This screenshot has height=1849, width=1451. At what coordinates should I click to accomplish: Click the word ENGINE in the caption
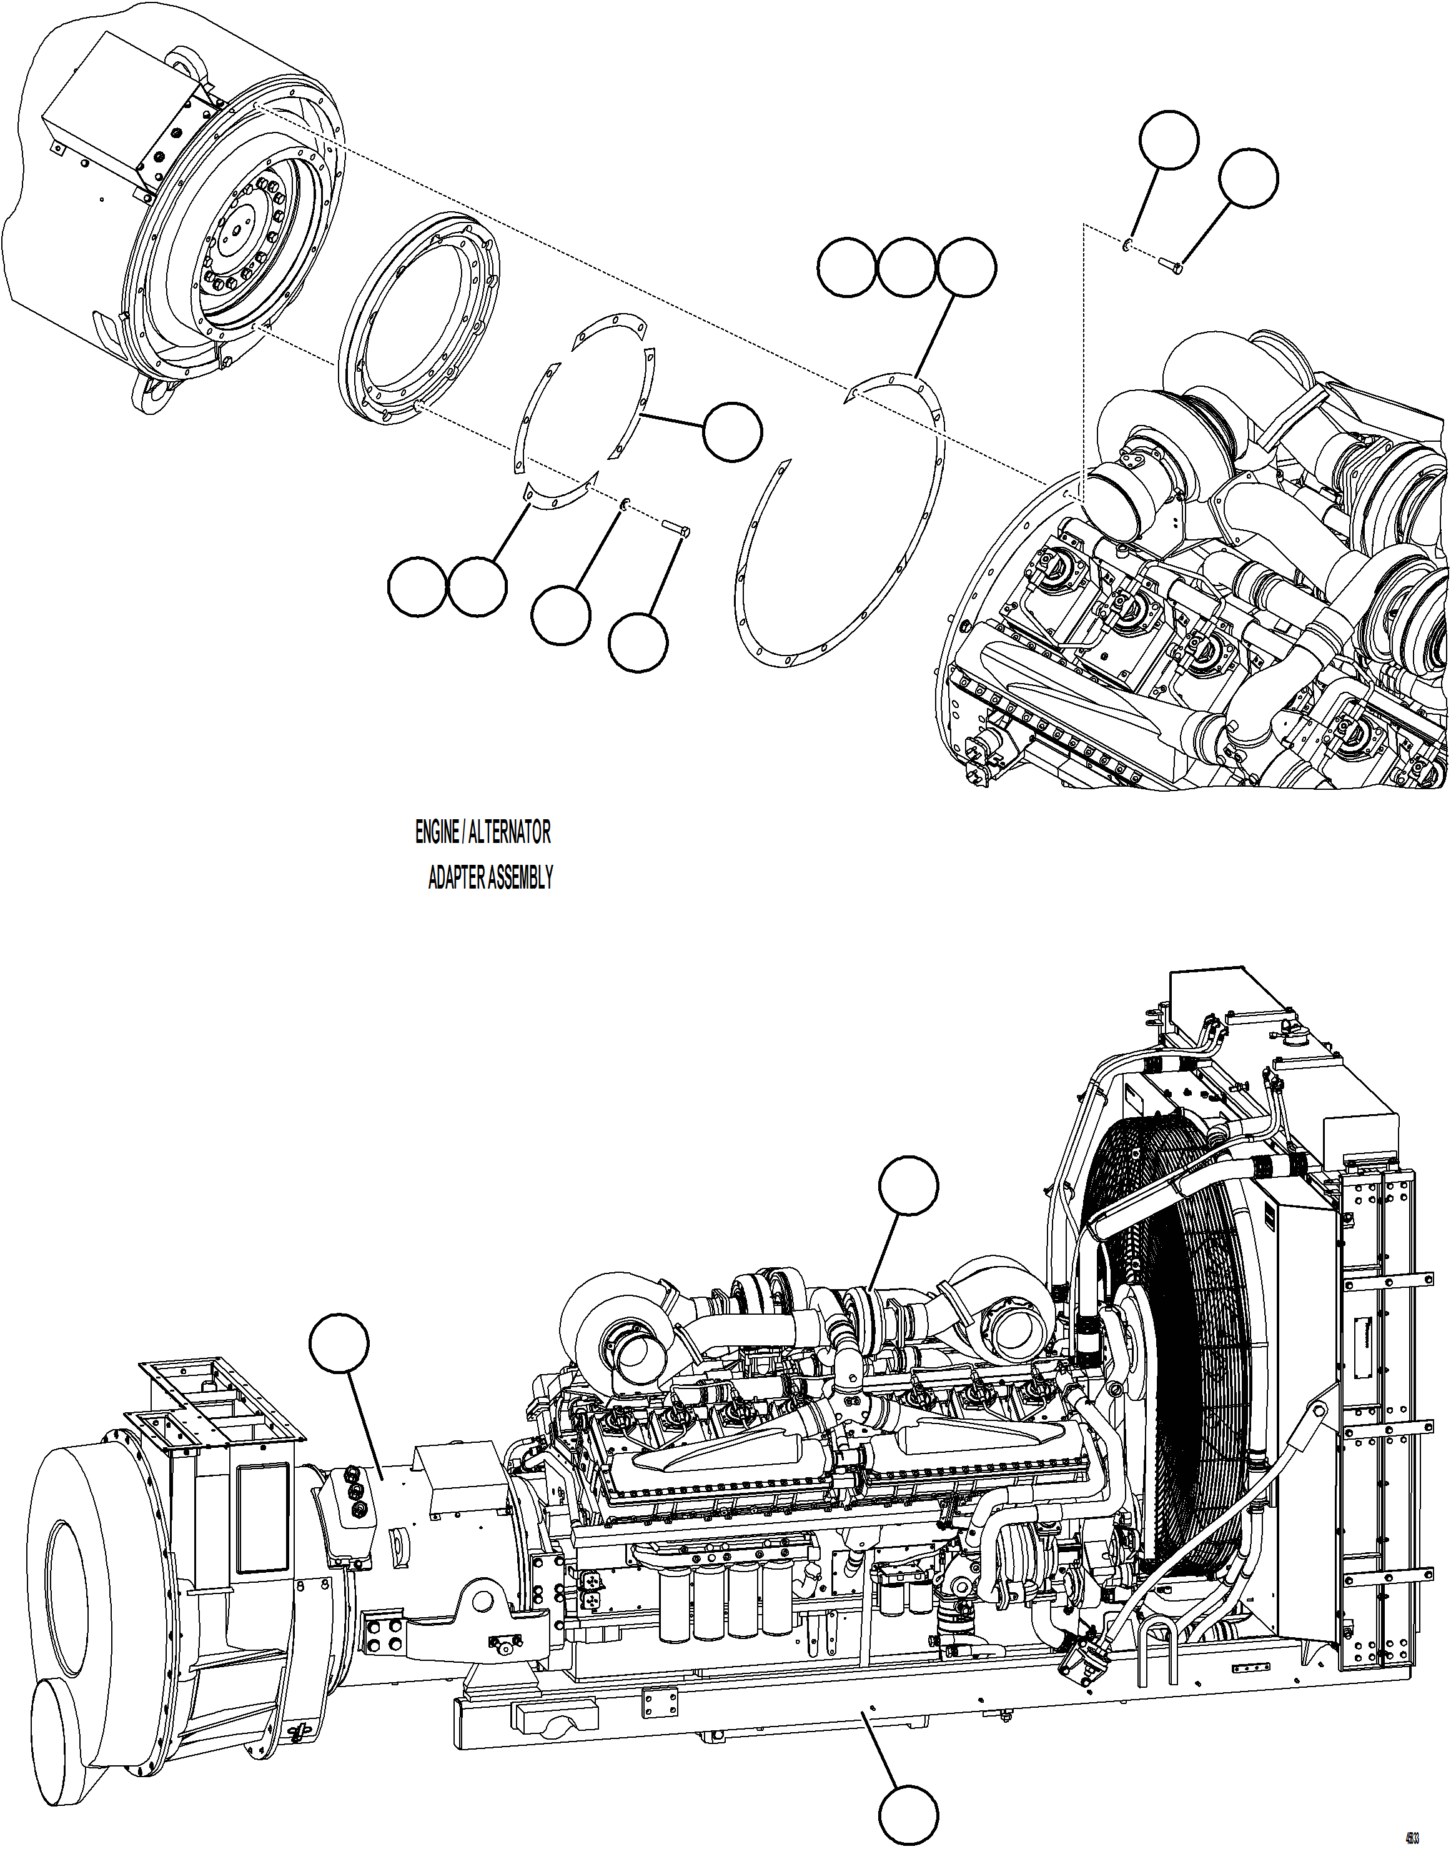[x=436, y=833]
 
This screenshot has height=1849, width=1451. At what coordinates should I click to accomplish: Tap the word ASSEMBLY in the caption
[x=520, y=878]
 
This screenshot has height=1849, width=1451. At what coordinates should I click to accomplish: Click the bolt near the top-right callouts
[x=1171, y=267]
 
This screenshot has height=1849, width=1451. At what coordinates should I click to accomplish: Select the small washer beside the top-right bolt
[x=1126, y=245]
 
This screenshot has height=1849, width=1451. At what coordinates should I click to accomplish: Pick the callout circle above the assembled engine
[x=909, y=1185]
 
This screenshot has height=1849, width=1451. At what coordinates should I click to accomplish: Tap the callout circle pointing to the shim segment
[x=731, y=432]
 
